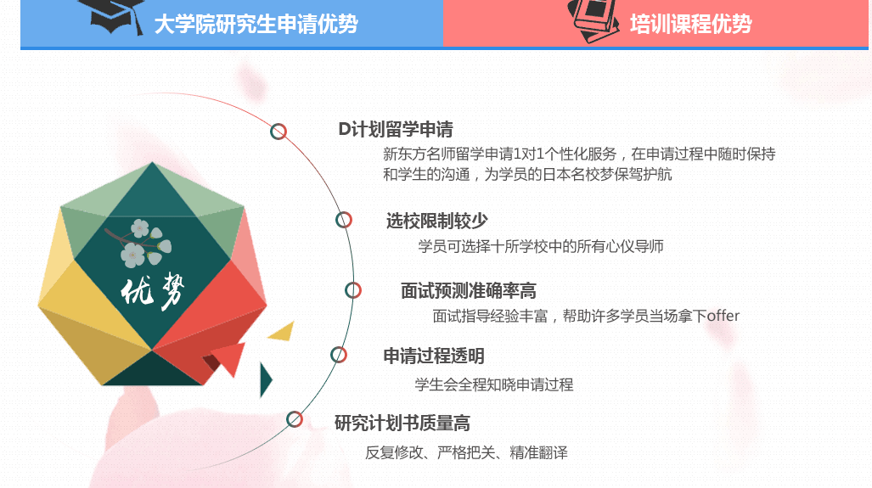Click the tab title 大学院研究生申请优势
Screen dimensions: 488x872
tap(256, 24)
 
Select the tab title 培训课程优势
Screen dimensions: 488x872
tap(691, 24)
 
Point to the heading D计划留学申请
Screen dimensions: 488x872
tap(395, 130)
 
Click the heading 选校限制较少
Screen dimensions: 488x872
tap(436, 222)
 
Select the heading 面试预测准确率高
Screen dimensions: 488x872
tap(468, 291)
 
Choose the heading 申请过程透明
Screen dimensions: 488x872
tap(433, 356)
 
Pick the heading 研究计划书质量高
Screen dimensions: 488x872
tap(402, 423)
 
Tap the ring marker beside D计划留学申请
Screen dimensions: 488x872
tap(278, 131)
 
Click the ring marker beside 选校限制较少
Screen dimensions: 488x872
tap(344, 221)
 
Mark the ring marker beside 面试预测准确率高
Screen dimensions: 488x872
tap(352, 290)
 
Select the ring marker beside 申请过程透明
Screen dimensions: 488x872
tap(339, 355)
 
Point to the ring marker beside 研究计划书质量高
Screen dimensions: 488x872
tap(295, 419)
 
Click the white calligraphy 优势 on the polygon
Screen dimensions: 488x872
tap(152, 292)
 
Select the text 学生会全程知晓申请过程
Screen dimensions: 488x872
tap(493, 384)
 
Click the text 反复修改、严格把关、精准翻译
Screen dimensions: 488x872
tap(466, 452)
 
